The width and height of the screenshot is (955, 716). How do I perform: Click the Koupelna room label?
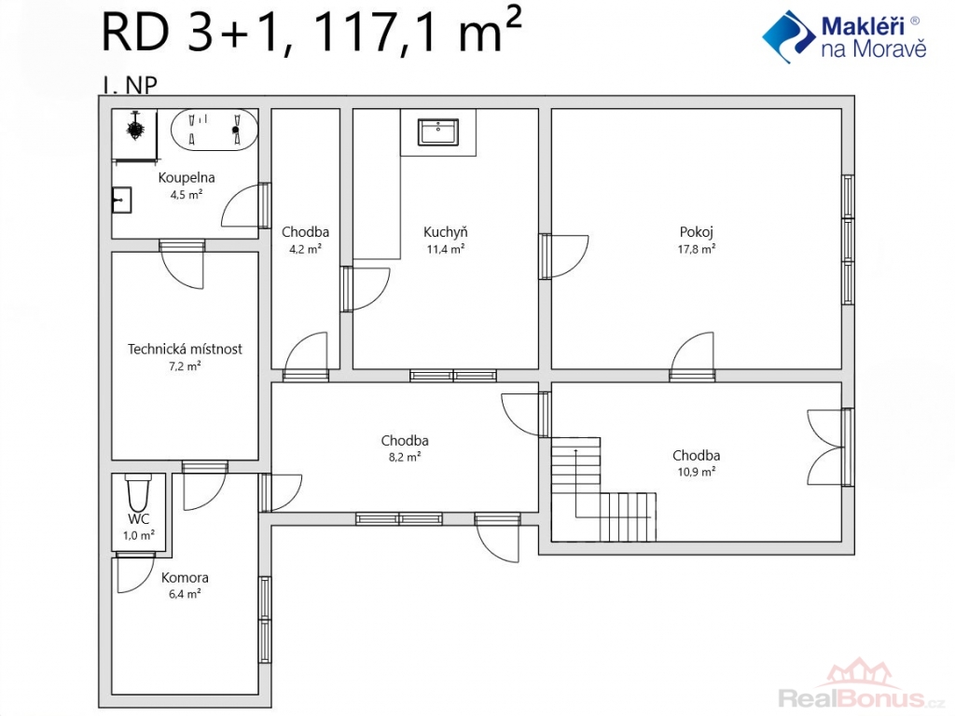coord(187,178)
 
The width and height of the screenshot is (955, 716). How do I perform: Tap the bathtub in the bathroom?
coord(215,129)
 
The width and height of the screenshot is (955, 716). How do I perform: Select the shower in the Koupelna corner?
coord(134,136)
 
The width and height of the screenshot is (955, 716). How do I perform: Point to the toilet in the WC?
coord(138,492)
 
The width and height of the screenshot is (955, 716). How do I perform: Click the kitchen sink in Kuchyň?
coord(438,132)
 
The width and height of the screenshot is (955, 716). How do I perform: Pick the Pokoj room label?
coord(696,232)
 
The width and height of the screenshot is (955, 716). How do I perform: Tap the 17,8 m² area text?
coord(696,248)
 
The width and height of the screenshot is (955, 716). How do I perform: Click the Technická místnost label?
coord(185,349)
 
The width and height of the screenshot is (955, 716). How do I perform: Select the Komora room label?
coord(185,577)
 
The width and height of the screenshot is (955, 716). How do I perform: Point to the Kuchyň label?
coord(445,232)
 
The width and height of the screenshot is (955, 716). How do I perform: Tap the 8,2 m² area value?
coord(405,457)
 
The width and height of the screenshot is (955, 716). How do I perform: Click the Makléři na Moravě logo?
coord(845,36)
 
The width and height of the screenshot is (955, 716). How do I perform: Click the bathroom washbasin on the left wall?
coord(122,200)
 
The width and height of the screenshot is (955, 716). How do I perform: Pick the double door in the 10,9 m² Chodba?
coord(830,447)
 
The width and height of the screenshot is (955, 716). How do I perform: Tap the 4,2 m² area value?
coord(305,248)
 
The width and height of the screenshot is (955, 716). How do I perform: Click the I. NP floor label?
coord(130,85)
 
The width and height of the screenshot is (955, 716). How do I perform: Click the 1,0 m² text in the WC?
coord(138,535)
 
